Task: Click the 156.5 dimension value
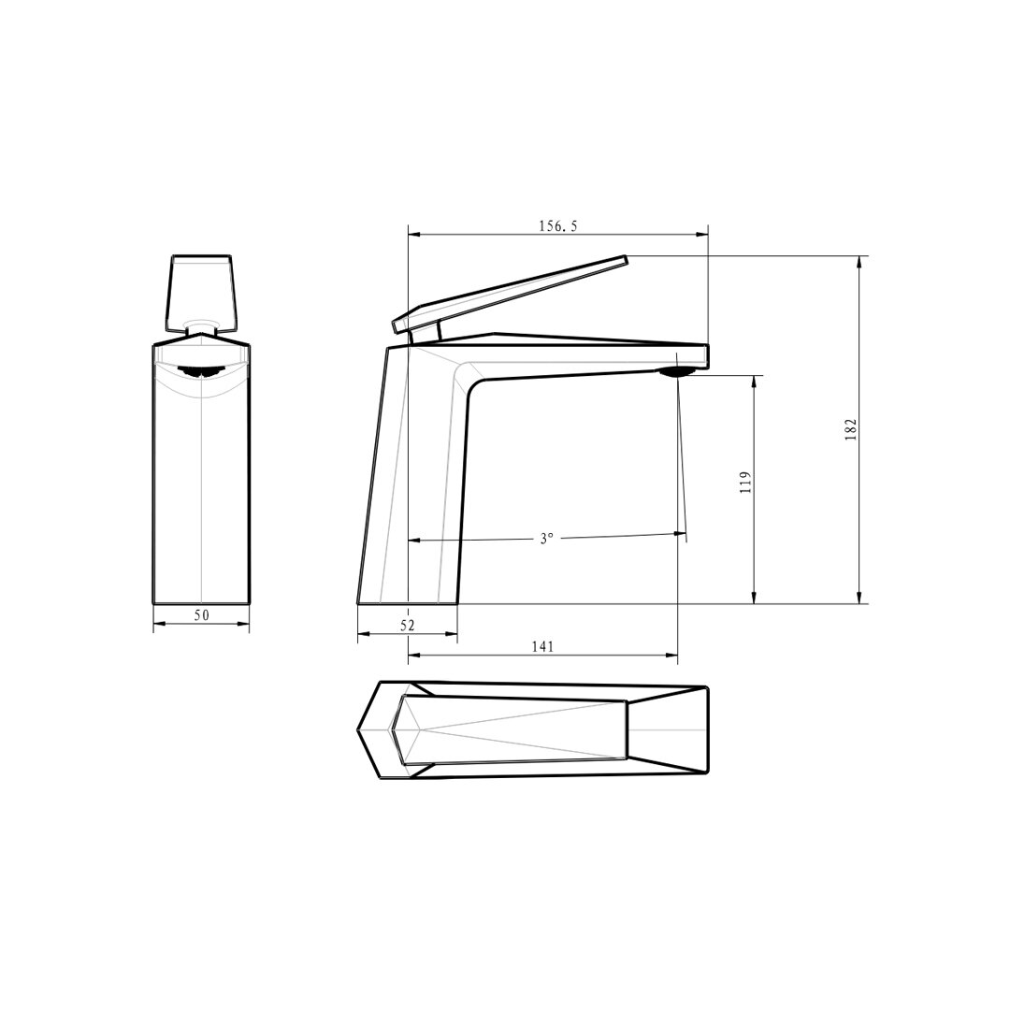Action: click(x=557, y=226)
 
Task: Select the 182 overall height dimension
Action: click(x=851, y=429)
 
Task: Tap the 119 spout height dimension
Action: click(x=746, y=483)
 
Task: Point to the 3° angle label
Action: click(x=546, y=539)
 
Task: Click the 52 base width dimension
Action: click(x=408, y=625)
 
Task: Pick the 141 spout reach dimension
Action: click(x=543, y=647)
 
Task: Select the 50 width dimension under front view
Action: click(x=202, y=615)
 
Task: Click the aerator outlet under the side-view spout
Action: click(x=676, y=371)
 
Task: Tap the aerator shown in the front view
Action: click(x=201, y=371)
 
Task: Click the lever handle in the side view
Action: click(x=509, y=293)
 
